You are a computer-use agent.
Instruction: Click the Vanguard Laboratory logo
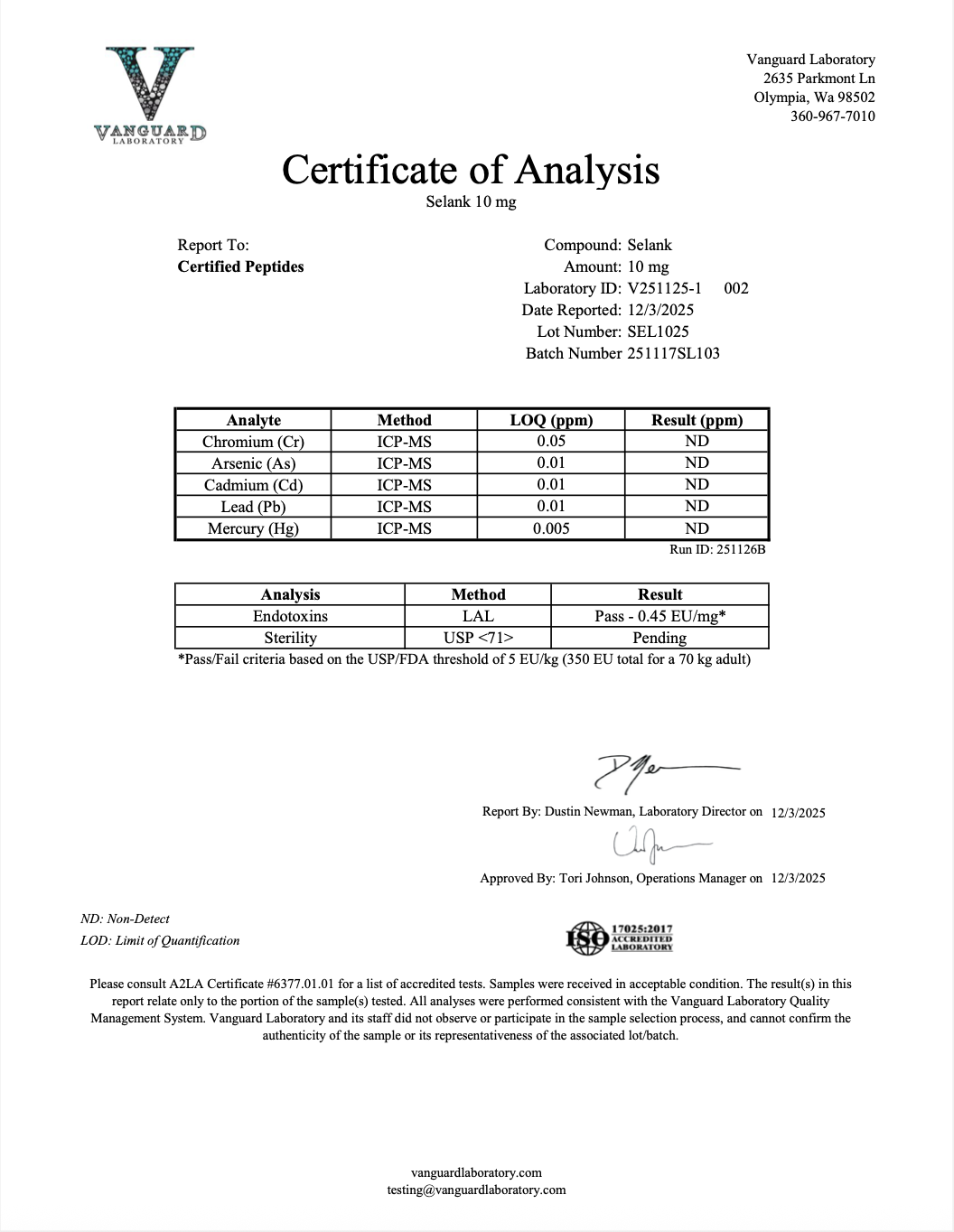pos(150,94)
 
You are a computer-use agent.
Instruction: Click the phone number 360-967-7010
pos(832,117)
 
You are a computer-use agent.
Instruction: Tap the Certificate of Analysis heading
pos(471,170)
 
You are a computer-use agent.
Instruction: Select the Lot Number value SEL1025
pos(658,331)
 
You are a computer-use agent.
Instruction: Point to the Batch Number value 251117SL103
pos(673,353)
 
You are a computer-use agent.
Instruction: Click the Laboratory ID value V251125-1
pos(664,288)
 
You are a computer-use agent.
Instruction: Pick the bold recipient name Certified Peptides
pos(240,266)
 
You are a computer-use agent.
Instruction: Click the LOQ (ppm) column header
pos(551,420)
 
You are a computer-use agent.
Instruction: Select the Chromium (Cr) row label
pos(253,442)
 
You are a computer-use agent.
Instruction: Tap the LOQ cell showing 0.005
pos(551,528)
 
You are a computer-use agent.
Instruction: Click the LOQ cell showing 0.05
pos(551,442)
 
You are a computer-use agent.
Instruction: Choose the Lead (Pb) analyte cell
pos(253,507)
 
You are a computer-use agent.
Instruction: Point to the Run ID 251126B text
pos(717,549)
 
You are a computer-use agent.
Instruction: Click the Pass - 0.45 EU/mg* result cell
pos(659,616)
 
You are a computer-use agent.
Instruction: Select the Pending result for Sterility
pos(659,638)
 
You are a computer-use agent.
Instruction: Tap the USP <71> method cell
pos(478,638)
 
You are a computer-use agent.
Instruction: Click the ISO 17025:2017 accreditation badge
pos(620,938)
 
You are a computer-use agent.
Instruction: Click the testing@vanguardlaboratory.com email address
pos(476,1190)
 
